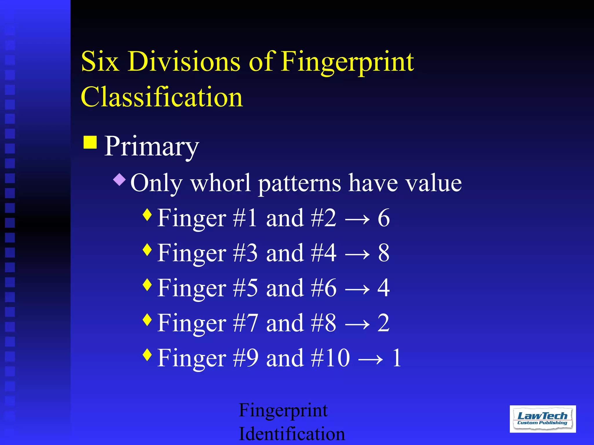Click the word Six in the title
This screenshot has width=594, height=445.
pos(100,61)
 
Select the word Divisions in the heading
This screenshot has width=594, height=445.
pos(184,61)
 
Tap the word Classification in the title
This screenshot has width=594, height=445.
pos(162,97)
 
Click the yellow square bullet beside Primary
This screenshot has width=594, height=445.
pos(90,142)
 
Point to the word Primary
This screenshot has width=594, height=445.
pos(151,147)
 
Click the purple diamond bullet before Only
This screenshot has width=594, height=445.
pos(119,179)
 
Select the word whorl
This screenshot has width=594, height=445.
pos(220,183)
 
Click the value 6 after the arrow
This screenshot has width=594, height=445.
pos(383,218)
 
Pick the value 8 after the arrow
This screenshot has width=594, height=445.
pos(383,253)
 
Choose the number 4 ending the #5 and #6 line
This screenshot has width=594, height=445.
pos(383,288)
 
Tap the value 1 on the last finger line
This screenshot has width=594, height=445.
pos(397,358)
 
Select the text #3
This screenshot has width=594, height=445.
pos(245,253)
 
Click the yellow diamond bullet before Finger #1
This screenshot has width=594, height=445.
pos(148,214)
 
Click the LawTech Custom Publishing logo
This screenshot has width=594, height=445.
pos(543,419)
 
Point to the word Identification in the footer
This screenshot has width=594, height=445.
pos(292,434)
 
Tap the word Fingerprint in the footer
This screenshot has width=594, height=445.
pos(283,411)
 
